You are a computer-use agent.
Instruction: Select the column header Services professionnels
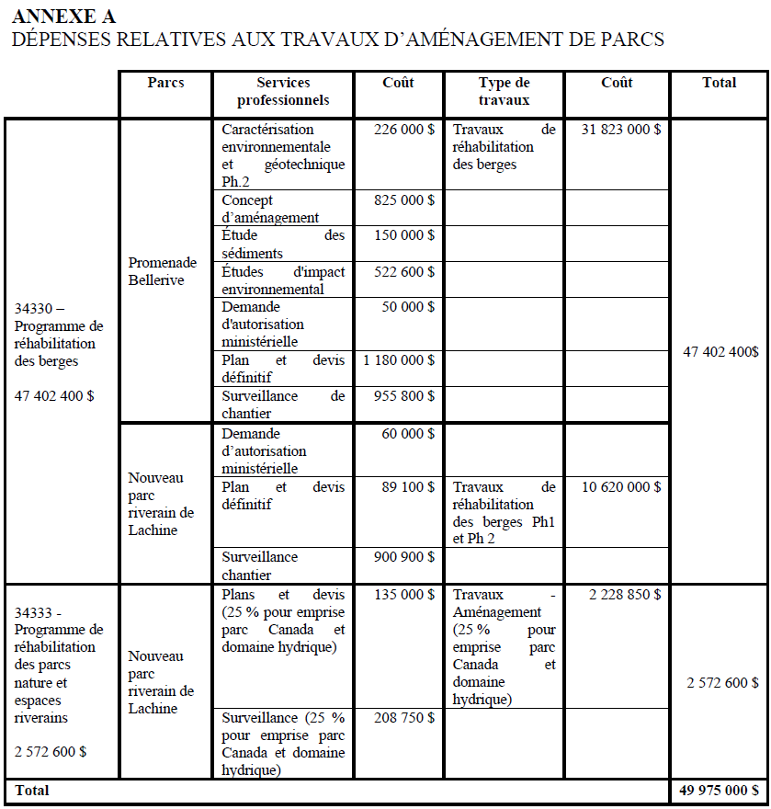[283, 91]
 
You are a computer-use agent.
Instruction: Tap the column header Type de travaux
[504, 91]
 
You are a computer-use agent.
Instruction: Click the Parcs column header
[165, 83]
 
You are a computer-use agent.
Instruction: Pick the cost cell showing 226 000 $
[404, 130]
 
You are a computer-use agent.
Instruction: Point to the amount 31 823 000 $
[620, 130]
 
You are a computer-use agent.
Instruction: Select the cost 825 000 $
[404, 200]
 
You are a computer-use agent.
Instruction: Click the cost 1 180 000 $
[399, 359]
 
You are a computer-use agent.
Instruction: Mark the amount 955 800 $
[404, 396]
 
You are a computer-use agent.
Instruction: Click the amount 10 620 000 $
[620, 486]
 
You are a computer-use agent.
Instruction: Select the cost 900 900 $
[404, 557]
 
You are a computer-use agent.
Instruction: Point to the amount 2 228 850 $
[624, 595]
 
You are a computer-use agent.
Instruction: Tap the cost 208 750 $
[404, 717]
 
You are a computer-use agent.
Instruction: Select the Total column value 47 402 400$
[720, 351]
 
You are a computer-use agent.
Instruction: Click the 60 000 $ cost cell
[408, 434]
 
